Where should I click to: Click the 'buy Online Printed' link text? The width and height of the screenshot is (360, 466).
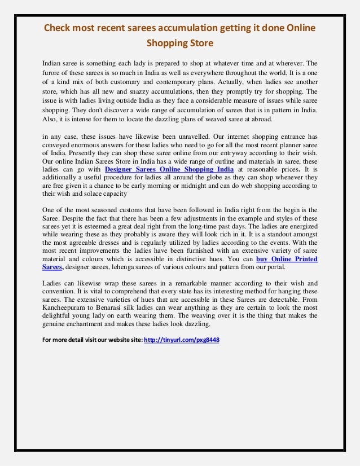[x=287, y=259]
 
